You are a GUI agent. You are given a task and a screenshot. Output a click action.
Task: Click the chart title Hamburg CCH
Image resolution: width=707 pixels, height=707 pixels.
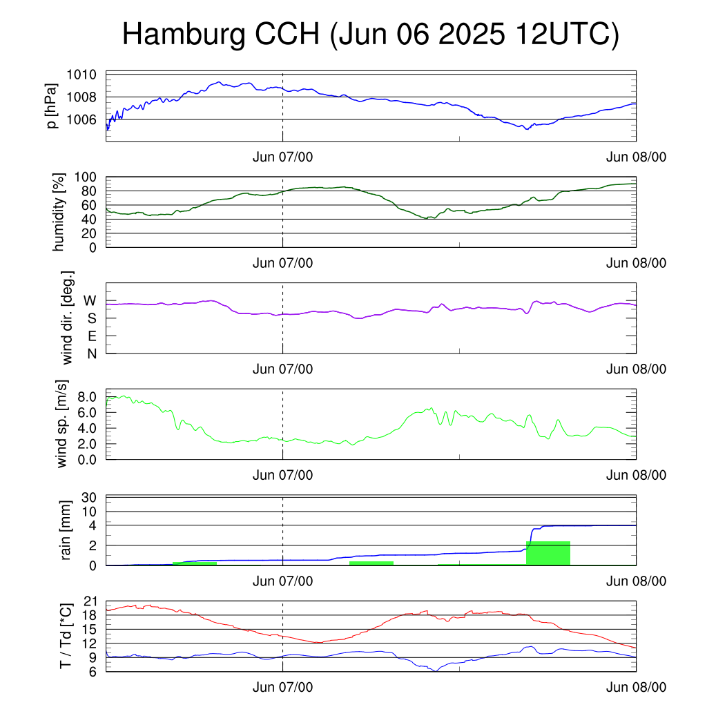point(221,35)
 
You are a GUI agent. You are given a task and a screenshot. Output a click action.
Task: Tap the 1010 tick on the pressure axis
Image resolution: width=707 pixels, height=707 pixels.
point(81,75)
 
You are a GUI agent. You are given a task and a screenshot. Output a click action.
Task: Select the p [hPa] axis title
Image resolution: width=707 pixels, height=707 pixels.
point(52,106)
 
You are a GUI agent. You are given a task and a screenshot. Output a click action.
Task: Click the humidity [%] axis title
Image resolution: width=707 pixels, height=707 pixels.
point(59,212)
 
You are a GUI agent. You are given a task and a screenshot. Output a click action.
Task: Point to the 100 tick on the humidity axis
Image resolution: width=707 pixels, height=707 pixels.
point(86,177)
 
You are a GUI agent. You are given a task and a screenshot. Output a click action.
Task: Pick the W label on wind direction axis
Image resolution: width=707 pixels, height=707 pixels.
point(90,301)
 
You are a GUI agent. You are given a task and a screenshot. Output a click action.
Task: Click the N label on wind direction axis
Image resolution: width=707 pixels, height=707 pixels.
point(92,354)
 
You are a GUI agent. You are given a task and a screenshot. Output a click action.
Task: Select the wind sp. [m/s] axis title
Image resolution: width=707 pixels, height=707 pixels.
point(61,424)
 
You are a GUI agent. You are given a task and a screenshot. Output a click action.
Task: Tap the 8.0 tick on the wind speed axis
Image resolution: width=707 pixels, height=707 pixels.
point(87,397)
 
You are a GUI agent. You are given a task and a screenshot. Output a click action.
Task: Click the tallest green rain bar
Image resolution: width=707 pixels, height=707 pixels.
point(548,553)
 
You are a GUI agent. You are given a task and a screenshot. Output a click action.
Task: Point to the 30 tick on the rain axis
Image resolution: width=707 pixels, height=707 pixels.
point(89,497)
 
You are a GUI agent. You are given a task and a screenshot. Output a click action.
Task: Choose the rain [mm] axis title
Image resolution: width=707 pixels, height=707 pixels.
point(66,530)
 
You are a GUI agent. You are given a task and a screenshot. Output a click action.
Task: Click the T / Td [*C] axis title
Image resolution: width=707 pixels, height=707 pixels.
point(66,636)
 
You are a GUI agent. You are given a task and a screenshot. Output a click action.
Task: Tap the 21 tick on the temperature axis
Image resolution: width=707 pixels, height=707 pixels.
point(90,601)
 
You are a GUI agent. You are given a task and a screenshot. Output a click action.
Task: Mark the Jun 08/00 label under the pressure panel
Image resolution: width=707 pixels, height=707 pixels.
point(636,157)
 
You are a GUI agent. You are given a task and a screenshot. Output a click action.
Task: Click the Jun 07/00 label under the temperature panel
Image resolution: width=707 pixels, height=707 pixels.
point(282,687)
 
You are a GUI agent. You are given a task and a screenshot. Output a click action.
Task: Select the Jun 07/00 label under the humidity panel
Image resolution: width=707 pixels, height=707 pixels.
point(282,263)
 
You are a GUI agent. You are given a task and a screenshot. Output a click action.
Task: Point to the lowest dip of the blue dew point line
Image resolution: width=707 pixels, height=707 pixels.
point(436,671)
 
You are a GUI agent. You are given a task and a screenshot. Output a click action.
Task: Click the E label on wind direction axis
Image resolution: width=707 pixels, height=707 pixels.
point(93,336)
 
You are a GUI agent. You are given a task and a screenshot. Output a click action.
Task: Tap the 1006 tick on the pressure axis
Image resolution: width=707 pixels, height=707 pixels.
point(81,119)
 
